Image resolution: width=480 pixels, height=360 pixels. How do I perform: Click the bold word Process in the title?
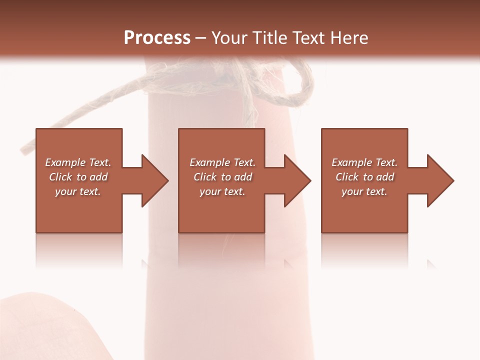pyautogui.click(x=157, y=38)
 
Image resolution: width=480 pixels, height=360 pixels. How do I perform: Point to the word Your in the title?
pyautogui.click(x=228, y=38)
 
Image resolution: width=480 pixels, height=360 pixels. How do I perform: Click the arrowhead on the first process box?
pyautogui.click(x=154, y=180)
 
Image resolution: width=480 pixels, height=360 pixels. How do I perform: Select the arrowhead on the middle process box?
pyautogui.click(x=297, y=180)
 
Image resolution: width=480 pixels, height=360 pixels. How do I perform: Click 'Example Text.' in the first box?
pyautogui.click(x=78, y=162)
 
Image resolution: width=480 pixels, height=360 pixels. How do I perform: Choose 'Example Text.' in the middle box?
pyautogui.click(x=222, y=162)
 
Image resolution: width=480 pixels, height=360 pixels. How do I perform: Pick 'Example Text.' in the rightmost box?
pyautogui.click(x=364, y=162)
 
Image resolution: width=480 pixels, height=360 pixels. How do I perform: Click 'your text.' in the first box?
pyautogui.click(x=78, y=191)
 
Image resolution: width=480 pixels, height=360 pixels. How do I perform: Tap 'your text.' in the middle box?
pyautogui.click(x=222, y=191)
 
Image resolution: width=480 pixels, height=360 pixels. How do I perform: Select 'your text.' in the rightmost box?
pyautogui.click(x=364, y=191)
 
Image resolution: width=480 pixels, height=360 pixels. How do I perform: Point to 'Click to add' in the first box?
pyautogui.click(x=78, y=177)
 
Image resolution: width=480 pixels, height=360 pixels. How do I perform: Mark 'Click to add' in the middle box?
pyautogui.click(x=222, y=177)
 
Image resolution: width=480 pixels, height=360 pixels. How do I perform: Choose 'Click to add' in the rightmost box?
pyautogui.click(x=364, y=177)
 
